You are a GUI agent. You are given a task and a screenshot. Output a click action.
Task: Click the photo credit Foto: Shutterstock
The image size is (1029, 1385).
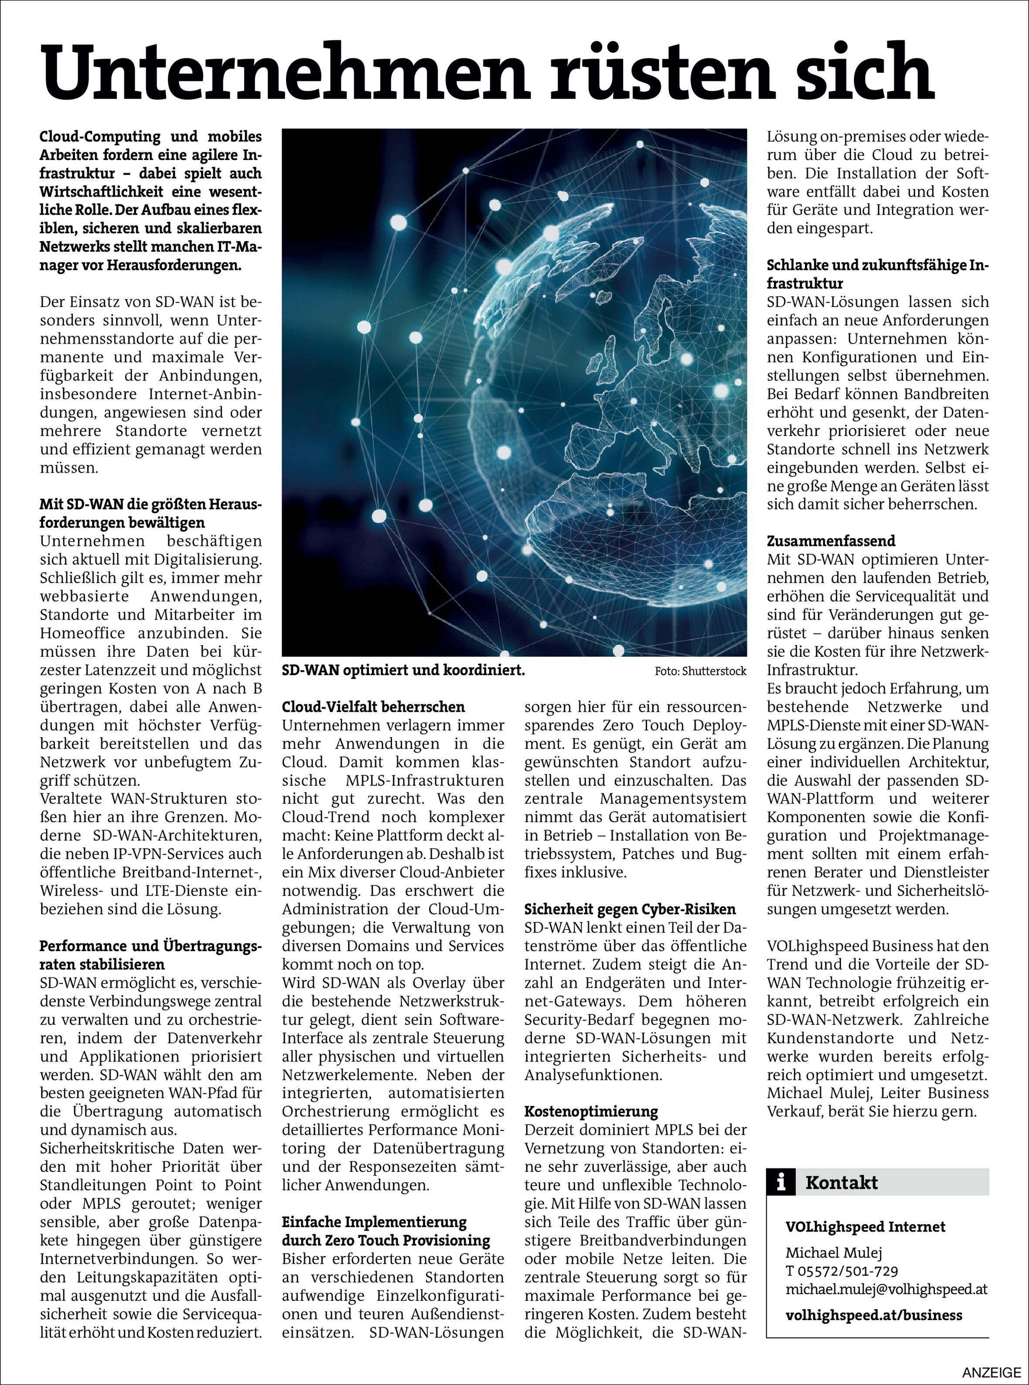(700, 671)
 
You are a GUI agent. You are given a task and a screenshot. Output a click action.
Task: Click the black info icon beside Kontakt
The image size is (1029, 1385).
(781, 1182)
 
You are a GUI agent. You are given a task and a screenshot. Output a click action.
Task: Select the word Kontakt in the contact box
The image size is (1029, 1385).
(841, 1182)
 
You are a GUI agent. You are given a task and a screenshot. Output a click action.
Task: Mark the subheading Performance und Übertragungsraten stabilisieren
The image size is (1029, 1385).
(150, 955)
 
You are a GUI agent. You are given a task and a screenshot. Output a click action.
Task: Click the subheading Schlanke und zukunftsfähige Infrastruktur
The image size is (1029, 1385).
(877, 274)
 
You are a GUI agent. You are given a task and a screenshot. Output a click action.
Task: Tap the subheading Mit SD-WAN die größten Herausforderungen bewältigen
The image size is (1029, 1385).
(150, 513)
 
